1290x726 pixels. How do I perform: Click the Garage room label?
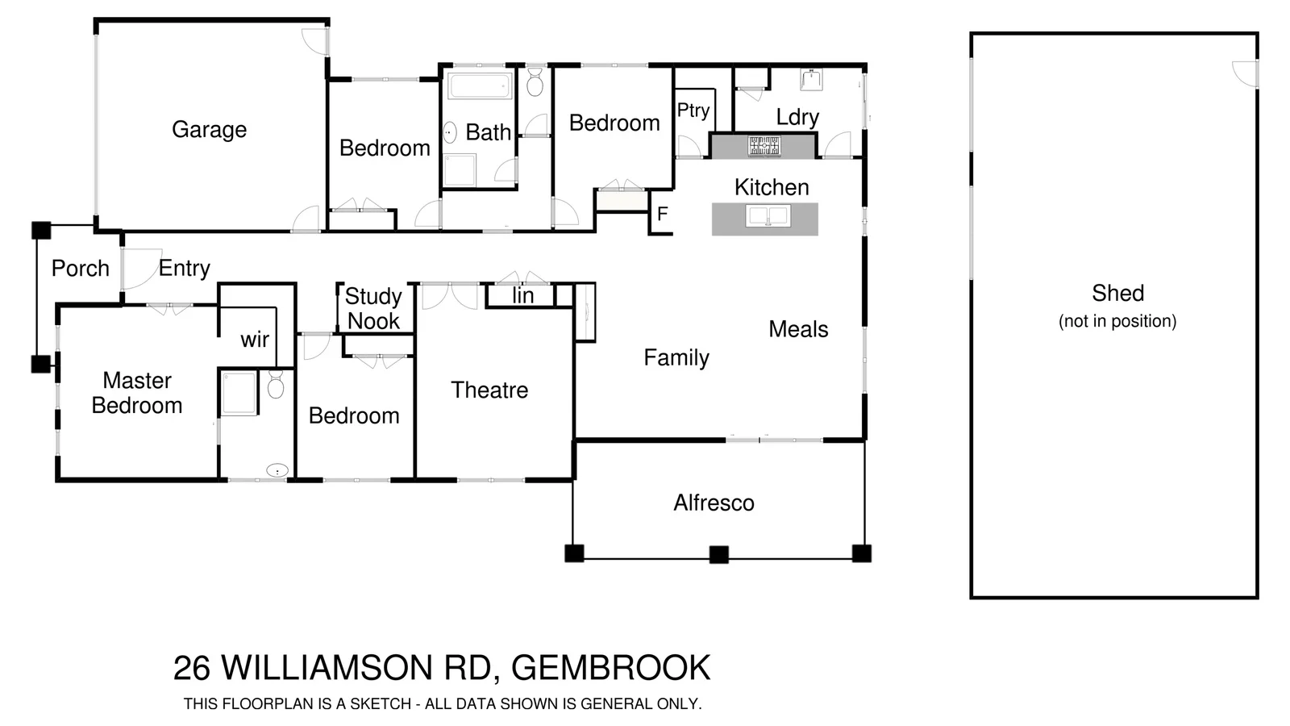coord(209,130)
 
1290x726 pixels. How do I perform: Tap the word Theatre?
coord(489,390)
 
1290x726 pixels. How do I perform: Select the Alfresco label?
coord(714,503)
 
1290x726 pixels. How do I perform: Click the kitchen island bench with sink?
coord(765,219)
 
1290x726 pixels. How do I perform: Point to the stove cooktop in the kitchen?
coord(764,146)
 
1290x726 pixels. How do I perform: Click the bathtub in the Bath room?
coord(481,86)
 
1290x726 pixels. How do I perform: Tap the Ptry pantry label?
coord(693,111)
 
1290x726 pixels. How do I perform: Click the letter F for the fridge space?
coord(663,215)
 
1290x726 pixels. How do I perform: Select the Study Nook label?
coord(373,309)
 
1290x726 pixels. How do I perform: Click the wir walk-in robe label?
coord(255,340)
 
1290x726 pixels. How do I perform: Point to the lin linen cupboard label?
coord(522,296)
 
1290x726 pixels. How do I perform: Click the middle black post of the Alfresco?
coord(718,554)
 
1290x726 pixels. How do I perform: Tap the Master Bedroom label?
coord(137,393)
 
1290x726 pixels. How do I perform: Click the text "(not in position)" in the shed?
coord(1117,321)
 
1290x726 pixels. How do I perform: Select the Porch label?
coord(80,269)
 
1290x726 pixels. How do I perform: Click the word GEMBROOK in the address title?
coord(610,668)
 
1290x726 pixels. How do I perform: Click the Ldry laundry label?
coord(797,118)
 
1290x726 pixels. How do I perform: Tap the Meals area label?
coord(798,329)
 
